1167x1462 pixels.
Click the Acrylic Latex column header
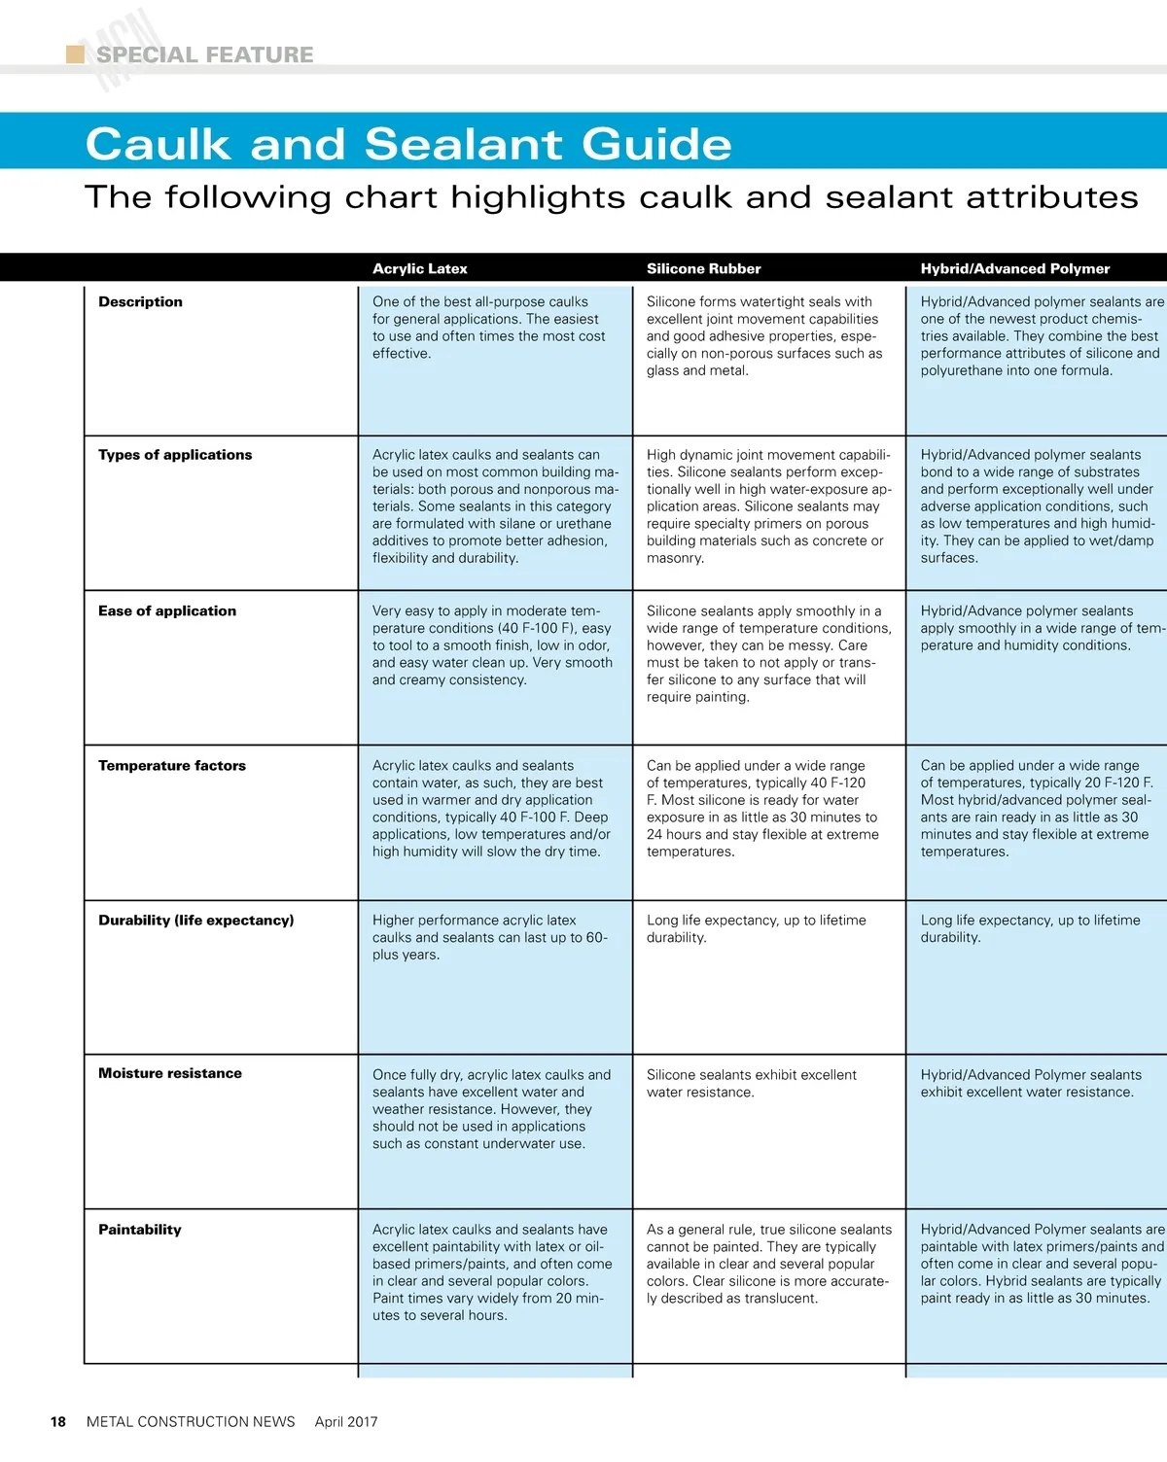[419, 269]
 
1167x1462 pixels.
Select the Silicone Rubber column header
[703, 269]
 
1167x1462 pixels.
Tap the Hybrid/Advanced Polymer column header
[1014, 269]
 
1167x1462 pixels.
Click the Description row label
[140, 302]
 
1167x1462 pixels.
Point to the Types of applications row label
[175, 455]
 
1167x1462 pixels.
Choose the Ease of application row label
[167, 611]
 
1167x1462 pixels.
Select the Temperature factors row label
[172, 766]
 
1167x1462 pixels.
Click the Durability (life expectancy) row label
[195, 921]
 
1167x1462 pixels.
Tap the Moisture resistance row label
[170, 1074]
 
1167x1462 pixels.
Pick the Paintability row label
[140, 1230]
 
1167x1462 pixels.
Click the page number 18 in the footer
[58, 1422]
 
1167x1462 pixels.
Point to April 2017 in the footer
[346, 1422]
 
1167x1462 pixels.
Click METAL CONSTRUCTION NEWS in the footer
[191, 1422]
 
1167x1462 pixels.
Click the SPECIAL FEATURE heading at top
[204, 54]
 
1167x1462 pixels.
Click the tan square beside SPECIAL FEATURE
[75, 54]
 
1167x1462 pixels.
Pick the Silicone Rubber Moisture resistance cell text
[751, 1084]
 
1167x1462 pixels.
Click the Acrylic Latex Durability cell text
[489, 938]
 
